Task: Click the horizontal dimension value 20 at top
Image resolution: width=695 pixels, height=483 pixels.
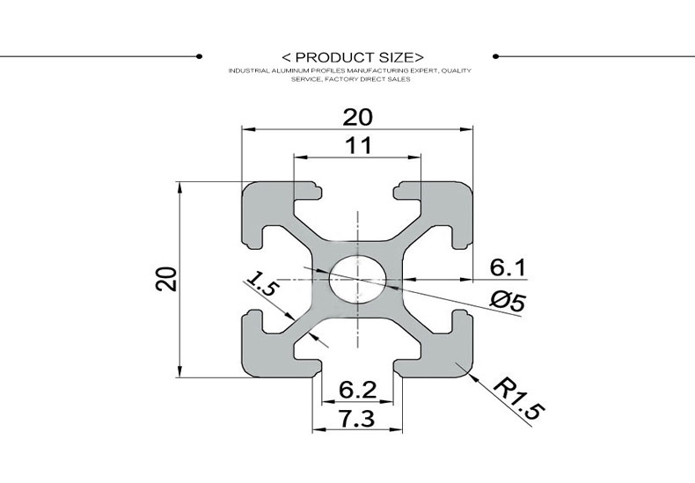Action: click(358, 116)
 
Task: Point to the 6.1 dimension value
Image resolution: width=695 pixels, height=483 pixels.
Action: click(508, 266)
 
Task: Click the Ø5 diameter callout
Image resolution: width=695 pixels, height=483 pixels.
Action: click(508, 301)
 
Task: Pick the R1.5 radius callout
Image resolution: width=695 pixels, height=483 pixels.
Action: click(519, 399)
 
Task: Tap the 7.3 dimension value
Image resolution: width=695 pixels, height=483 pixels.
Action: click(357, 420)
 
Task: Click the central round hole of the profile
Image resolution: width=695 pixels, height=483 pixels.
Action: click(358, 277)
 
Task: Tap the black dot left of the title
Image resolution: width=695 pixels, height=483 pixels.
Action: click(200, 56)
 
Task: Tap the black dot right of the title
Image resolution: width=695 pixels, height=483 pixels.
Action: click(496, 56)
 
